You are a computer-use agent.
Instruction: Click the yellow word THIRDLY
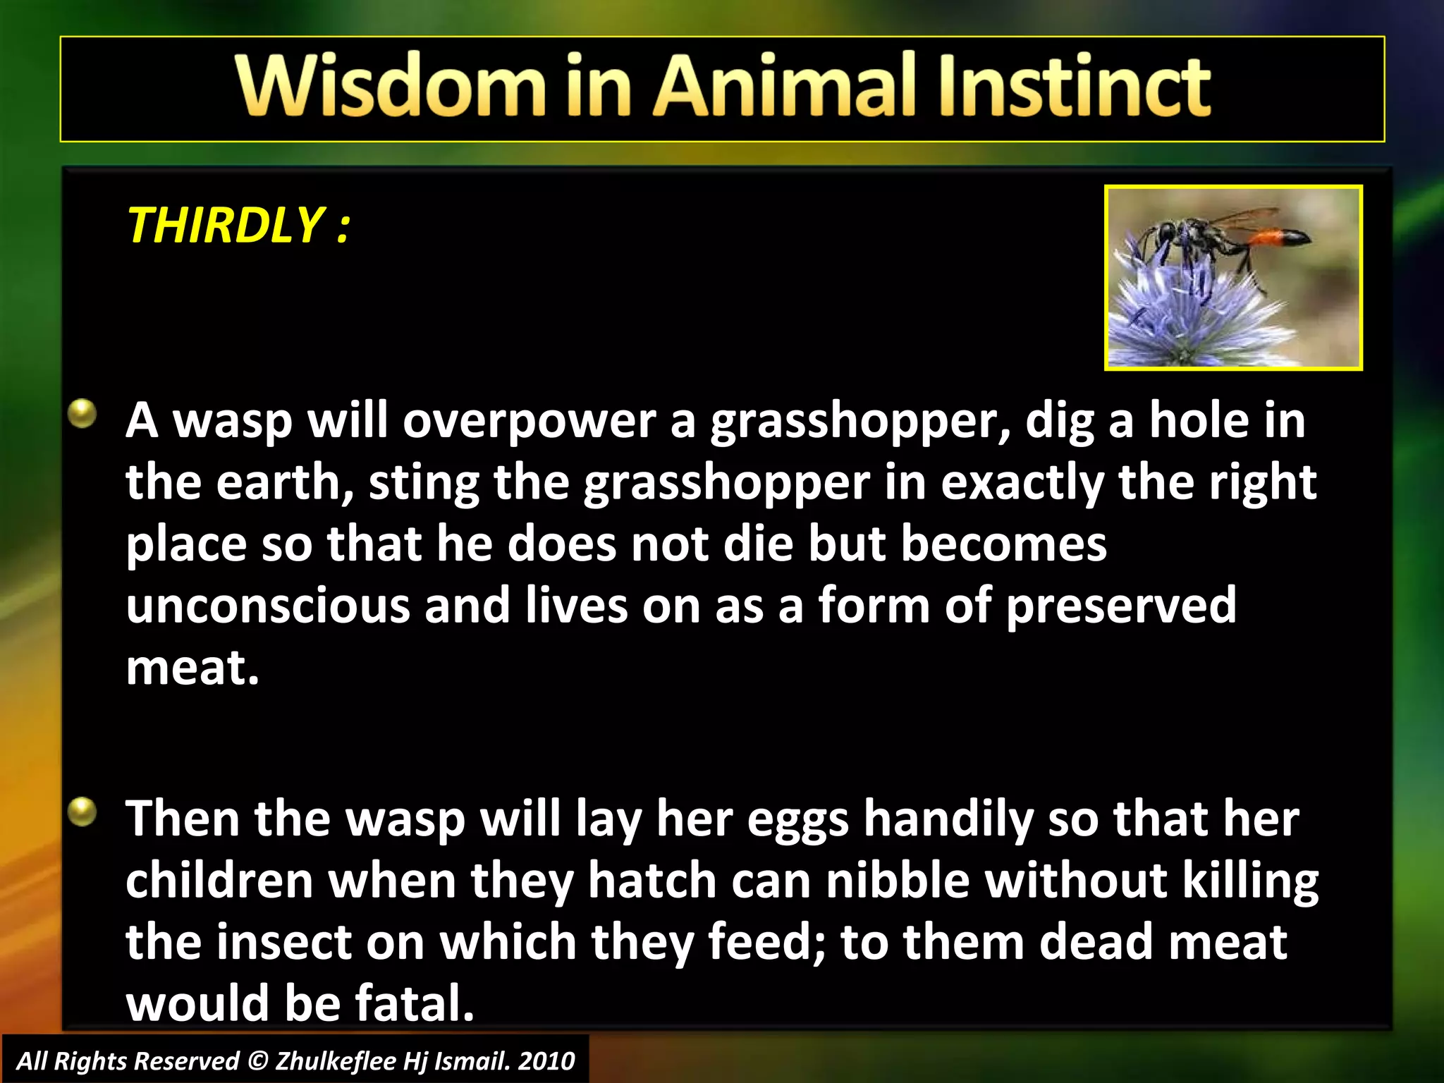coord(225,226)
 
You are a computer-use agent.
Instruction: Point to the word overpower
coord(529,422)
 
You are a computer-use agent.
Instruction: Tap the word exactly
coord(1022,484)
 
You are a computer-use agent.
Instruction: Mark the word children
coord(219,881)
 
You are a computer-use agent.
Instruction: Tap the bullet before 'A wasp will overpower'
coord(83,413)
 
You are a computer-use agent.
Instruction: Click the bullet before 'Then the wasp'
coord(83,812)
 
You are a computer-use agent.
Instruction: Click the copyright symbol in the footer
coord(258,1061)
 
